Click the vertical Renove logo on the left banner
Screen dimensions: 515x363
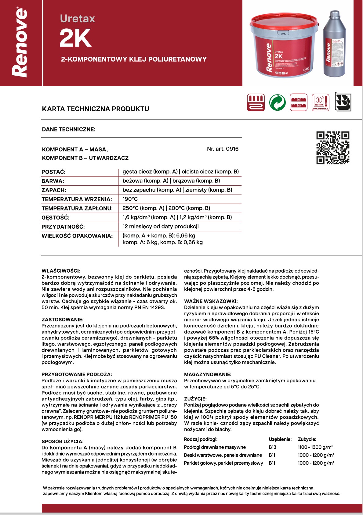pyautogui.click(x=20, y=43)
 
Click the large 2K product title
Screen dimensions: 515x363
pyautogui.click(x=75, y=38)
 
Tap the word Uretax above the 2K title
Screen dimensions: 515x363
pyautogui.click(x=78, y=19)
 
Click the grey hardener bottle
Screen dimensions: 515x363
pyautogui.click(x=334, y=44)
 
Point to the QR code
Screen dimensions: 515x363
pyautogui.click(x=333, y=148)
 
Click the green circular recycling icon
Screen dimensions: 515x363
pyautogui.click(x=277, y=102)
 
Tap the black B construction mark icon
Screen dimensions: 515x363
pyautogui.click(x=343, y=102)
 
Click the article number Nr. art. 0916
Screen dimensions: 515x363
pyautogui.click(x=223, y=149)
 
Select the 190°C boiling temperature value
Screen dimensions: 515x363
pyautogui.click(x=130, y=199)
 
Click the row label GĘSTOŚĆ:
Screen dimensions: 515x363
pyautogui.click(x=56, y=218)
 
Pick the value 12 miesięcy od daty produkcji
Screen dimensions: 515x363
pyautogui.click(x=161, y=227)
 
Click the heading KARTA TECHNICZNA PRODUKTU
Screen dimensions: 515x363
pyautogui.click(x=96, y=109)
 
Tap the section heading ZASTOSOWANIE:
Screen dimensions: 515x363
pyautogui.click(x=62, y=320)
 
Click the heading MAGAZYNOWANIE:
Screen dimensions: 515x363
pyautogui.click(x=208, y=374)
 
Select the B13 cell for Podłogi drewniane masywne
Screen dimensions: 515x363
pyautogui.click(x=272, y=447)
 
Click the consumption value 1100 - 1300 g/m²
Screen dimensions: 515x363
pyautogui.click(x=315, y=447)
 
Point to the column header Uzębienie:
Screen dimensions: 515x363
pyautogui.click(x=280, y=439)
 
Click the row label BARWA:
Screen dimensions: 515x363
pyautogui.click(x=53, y=181)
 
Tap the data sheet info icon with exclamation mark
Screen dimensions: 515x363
pyautogui.click(x=321, y=102)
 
